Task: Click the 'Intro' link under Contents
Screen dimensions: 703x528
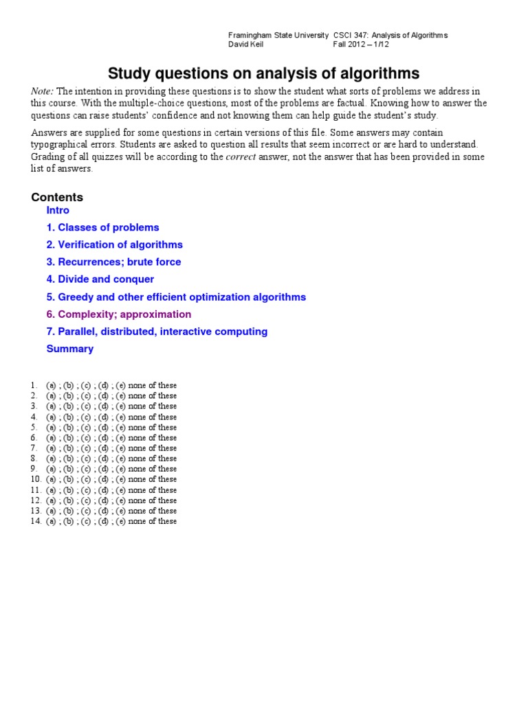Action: pos(58,210)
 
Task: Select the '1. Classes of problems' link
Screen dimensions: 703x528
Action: pos(102,227)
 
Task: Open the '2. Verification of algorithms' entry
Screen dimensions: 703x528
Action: pos(114,244)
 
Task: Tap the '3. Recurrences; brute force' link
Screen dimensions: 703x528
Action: pos(113,262)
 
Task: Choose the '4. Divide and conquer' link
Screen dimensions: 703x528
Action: pos(100,279)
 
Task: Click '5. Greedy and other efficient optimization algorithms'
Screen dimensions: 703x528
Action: pos(176,297)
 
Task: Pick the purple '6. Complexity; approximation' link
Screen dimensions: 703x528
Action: pos(118,314)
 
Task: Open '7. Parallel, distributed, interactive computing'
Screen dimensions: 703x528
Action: pos(157,332)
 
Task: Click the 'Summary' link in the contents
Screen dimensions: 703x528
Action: pos(69,349)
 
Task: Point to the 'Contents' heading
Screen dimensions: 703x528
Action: pos(57,197)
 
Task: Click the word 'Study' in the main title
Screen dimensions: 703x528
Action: pos(129,73)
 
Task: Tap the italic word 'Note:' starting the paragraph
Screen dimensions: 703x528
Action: pos(43,91)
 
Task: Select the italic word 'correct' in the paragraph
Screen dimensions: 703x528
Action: pos(241,157)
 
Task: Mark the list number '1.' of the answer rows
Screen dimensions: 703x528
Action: pos(34,385)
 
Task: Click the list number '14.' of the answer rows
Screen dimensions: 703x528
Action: pos(36,521)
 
